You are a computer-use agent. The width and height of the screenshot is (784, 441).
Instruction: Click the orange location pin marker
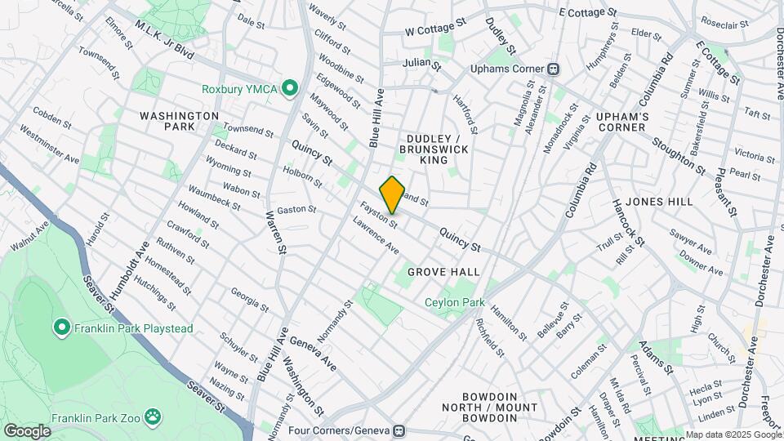(392, 195)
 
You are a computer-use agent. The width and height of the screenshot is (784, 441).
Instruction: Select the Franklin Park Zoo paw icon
(153, 417)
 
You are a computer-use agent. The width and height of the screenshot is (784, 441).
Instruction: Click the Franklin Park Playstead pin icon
(61, 328)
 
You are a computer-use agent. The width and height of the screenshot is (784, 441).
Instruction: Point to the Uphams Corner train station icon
(553, 68)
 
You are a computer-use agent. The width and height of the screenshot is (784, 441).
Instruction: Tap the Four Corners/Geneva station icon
(399, 430)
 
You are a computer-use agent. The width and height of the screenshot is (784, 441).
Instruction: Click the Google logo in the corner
(27, 430)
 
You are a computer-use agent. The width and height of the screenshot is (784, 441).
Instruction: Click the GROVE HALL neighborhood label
(443, 271)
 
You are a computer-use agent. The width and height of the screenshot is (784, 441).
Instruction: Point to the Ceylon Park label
(455, 302)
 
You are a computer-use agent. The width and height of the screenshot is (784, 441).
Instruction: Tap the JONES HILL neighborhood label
(659, 201)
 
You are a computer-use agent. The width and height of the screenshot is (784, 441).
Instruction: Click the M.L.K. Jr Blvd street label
(164, 40)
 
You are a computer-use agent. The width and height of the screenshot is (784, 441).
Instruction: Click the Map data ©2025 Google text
(733, 434)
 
